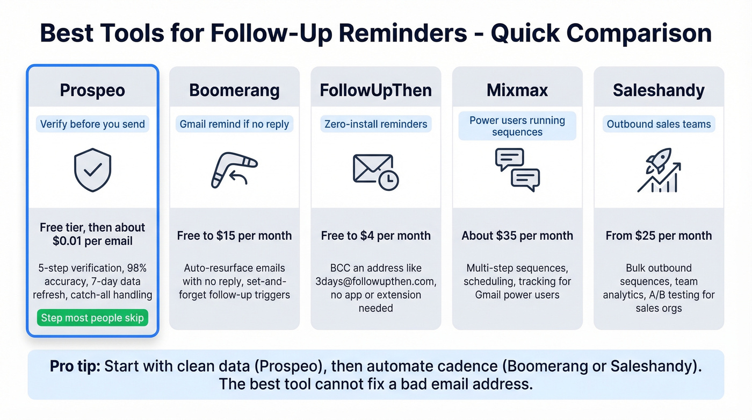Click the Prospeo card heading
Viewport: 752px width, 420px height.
tap(92, 90)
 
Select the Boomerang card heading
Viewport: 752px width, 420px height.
tap(234, 90)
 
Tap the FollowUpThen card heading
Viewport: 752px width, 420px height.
tap(375, 90)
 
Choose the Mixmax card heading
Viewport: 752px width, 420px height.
tap(517, 90)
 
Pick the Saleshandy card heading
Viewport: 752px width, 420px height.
tap(659, 90)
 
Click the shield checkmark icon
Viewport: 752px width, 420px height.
tap(92, 170)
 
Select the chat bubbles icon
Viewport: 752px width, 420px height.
tap(517, 170)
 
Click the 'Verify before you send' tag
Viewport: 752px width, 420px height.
tap(92, 124)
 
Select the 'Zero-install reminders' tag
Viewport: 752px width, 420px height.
tap(375, 124)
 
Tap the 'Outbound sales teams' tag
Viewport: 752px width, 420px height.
tap(659, 124)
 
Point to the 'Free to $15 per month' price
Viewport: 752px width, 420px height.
tap(234, 236)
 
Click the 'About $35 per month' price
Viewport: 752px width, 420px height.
tap(517, 236)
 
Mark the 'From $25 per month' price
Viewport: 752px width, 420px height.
tap(659, 236)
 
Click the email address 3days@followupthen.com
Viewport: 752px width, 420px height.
tap(375, 281)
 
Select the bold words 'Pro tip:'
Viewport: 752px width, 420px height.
tap(75, 367)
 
